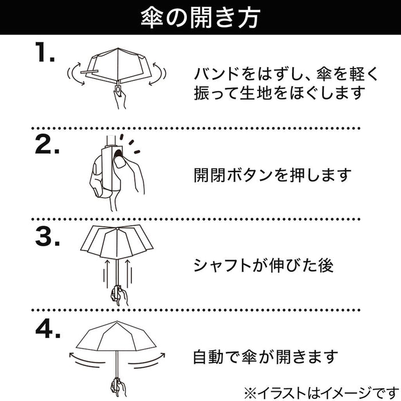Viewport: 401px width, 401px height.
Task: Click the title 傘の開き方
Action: pyautogui.click(x=200, y=17)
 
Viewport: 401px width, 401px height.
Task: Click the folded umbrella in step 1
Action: pyautogui.click(x=117, y=66)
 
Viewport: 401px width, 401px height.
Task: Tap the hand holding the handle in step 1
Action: pyautogui.click(x=119, y=98)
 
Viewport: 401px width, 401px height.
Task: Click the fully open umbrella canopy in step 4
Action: pyautogui.click(x=117, y=339)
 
